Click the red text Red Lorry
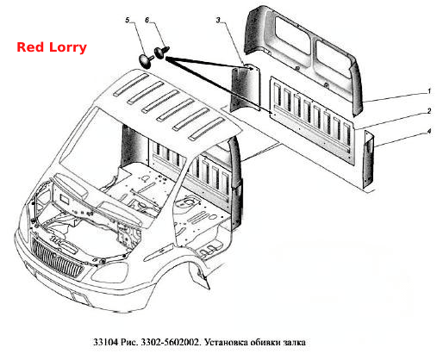click(x=52, y=47)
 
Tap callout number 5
click(x=128, y=21)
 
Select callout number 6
click(x=147, y=21)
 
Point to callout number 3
click(x=219, y=20)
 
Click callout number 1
click(x=429, y=91)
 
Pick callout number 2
click(x=429, y=111)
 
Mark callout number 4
click(x=429, y=131)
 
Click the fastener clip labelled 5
click(x=146, y=61)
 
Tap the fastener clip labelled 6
click(x=162, y=53)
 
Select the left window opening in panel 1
click(x=292, y=35)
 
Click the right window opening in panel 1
click(x=333, y=59)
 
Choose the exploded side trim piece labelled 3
click(x=246, y=88)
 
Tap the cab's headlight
click(x=109, y=272)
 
